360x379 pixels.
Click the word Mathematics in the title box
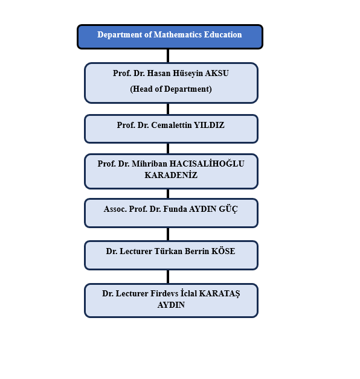(x=178, y=34)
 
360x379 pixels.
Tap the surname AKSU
(x=217, y=73)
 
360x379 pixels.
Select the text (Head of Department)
(x=171, y=89)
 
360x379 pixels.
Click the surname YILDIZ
(x=209, y=125)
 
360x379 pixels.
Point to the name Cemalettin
(x=172, y=125)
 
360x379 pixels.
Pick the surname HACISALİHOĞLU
(x=207, y=164)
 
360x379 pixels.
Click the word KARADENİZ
(x=171, y=175)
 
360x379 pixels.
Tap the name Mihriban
(x=149, y=164)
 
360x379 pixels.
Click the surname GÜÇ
(x=228, y=209)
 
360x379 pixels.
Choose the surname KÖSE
(x=223, y=251)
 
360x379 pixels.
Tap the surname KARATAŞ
(x=219, y=294)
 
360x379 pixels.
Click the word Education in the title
(x=223, y=34)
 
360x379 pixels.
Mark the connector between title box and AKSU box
(x=168, y=56)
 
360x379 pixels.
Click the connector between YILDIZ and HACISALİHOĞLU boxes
(x=168, y=148)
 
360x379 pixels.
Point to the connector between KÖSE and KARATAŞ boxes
(x=168, y=277)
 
